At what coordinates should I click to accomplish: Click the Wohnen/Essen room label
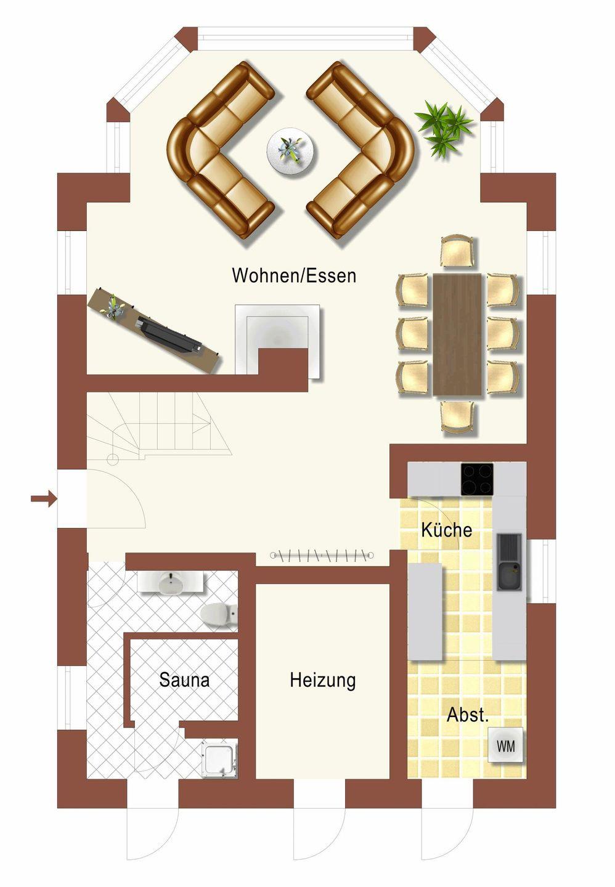pos(294,275)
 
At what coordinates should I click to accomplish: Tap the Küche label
pos(447,530)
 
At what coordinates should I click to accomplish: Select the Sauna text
pos(184,680)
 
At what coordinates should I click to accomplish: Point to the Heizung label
pos(322,681)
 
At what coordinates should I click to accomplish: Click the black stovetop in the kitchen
pos(477,479)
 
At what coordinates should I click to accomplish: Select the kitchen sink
pos(509,562)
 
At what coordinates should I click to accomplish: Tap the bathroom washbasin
pos(171,582)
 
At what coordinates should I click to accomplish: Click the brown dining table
pos(457,334)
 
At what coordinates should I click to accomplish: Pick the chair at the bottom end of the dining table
pos(457,416)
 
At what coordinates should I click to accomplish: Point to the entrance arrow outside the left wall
pos(44,498)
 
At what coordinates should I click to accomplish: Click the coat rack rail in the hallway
pos(322,556)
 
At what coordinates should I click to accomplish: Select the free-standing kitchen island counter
pos(425,612)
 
